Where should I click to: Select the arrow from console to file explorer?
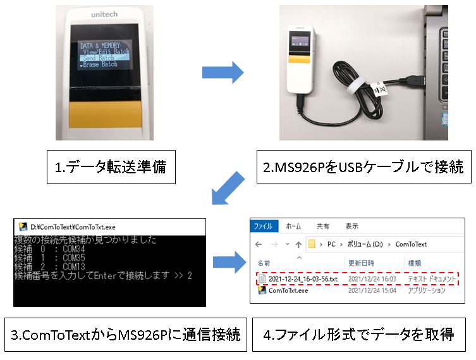click(228, 261)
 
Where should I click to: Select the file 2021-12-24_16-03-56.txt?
click(303, 278)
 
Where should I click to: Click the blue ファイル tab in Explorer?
click(262, 226)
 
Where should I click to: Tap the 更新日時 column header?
click(361, 262)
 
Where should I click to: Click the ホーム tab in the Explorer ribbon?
click(293, 226)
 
